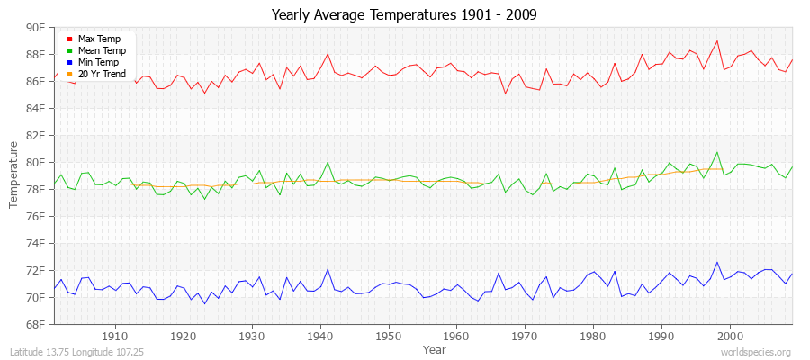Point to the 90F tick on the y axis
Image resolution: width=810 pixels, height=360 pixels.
point(34,28)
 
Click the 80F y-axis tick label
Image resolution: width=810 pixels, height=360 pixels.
point(34,163)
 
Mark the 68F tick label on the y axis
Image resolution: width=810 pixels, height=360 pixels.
point(34,324)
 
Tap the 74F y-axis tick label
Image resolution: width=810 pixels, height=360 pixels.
point(34,244)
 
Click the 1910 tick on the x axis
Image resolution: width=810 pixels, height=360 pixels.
point(115,336)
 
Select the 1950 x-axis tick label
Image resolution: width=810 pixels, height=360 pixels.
point(388,336)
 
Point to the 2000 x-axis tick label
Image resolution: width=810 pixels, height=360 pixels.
point(730,336)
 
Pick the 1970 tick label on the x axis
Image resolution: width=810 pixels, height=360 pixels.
point(525,336)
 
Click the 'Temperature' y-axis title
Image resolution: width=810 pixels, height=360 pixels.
point(14,175)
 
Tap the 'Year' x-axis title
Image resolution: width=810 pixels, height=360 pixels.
point(434,348)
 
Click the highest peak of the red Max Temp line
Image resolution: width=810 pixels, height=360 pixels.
point(716,40)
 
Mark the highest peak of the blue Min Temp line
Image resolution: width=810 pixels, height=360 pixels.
point(716,263)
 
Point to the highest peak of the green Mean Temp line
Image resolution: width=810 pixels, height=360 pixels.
point(716,152)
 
